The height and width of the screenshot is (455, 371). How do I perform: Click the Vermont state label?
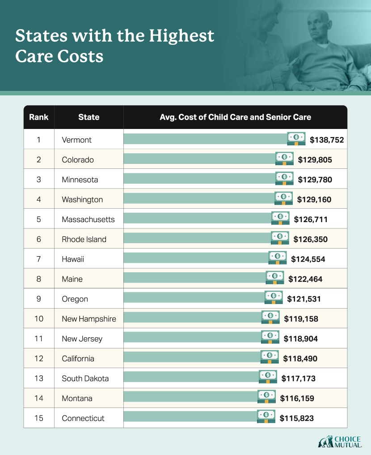tap(76, 140)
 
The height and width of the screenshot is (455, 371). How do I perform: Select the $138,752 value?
tap(327, 140)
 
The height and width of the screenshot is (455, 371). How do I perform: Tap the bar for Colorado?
tap(199, 159)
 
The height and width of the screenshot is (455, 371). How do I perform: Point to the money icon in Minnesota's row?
tap(284, 179)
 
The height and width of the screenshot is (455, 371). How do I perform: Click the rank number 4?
tap(39, 199)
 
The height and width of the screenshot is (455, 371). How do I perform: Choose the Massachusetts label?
tap(88, 219)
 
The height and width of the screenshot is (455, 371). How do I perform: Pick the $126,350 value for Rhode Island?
tap(311, 239)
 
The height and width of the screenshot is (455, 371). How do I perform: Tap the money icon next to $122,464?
tap(275, 278)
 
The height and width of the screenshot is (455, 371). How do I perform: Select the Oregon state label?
tap(75, 299)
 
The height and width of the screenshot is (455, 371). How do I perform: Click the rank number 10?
tap(39, 319)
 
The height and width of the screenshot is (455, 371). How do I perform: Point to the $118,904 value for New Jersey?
tap(301, 339)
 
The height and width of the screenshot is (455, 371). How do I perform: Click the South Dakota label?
tap(85, 378)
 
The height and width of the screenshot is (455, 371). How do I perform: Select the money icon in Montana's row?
tap(266, 397)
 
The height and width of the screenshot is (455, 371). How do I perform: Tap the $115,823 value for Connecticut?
tap(297, 418)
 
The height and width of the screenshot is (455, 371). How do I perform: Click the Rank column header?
tap(39, 117)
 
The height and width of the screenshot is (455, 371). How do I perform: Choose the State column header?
tap(89, 117)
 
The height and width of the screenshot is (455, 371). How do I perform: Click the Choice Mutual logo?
tap(339, 442)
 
